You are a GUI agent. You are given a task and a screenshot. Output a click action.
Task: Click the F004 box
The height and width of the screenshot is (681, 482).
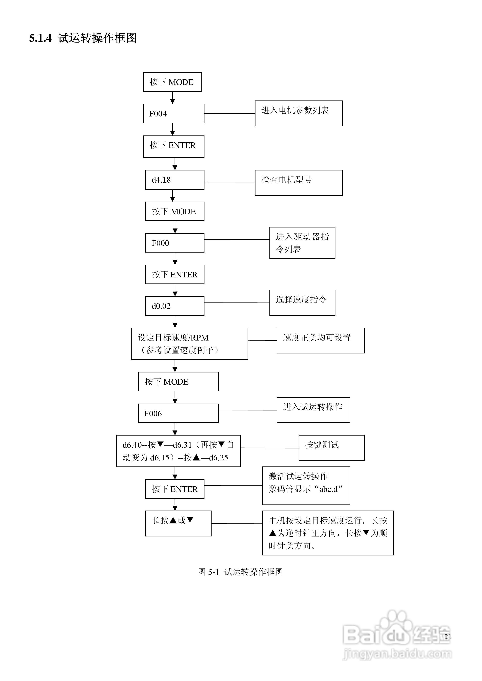173,114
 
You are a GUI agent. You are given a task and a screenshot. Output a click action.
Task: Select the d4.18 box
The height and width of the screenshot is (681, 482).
175,180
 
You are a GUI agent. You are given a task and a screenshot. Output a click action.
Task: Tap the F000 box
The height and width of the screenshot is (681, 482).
175,243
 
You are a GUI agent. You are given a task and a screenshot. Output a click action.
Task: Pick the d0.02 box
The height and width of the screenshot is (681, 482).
175,306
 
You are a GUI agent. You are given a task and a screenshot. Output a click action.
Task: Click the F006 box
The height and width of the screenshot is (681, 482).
178,413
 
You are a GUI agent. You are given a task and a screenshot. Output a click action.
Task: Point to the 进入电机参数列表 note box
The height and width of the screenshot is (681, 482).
298,113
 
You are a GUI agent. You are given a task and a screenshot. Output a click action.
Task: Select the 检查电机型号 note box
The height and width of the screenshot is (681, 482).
298,183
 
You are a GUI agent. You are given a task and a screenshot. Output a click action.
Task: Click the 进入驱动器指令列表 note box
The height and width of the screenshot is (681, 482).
302,243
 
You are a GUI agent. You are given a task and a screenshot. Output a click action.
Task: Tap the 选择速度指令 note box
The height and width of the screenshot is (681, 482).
302,302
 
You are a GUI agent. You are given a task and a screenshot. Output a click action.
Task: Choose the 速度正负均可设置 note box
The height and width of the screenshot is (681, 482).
320,340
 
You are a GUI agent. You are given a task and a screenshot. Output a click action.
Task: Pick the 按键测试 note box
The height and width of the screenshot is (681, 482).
331,448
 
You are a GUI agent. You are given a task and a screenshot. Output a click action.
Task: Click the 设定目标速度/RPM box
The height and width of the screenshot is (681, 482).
189,344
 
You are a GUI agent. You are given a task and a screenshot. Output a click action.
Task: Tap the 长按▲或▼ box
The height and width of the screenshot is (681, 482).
178,523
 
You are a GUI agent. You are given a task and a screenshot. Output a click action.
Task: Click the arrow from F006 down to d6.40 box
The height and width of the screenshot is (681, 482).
175,429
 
